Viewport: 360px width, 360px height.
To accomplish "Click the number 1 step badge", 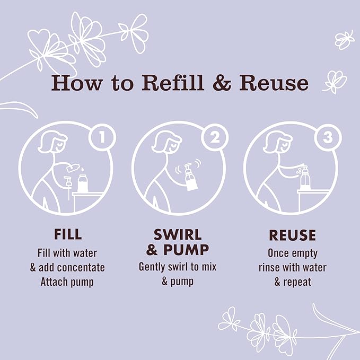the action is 102,138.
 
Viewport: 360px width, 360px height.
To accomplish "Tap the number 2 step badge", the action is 215,137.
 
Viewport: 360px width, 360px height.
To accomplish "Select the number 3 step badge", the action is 328,138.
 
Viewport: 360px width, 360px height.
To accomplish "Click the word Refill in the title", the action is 173,83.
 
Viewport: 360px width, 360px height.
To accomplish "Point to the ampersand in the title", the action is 222,83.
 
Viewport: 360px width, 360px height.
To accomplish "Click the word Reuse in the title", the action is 274,83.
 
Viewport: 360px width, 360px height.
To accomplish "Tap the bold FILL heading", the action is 68,234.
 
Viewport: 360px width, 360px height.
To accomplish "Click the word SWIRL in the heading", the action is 178,235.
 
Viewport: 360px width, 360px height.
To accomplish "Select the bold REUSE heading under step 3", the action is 292,235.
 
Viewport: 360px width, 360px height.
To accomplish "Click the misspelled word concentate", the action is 81,267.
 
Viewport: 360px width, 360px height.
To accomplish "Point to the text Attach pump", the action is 67,282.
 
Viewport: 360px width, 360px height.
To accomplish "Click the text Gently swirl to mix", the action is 178,267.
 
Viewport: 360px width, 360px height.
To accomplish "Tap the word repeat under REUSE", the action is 297,283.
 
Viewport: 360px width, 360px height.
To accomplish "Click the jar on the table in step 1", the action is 83,183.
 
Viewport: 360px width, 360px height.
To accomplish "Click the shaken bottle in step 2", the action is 190,177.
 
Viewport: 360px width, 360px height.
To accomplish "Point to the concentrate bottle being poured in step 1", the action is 73,168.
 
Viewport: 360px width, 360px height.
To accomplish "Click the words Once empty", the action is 293,253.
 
